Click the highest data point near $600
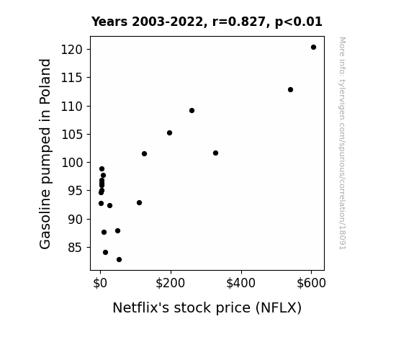point(313,48)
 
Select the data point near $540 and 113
point(290,90)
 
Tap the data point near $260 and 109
point(192,110)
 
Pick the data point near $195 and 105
point(169,133)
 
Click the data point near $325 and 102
point(215,153)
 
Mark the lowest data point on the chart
point(119,260)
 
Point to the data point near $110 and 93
point(139,203)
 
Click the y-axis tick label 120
point(72,50)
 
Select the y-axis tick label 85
point(76,248)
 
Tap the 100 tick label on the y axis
point(72,163)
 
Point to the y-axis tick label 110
point(72,107)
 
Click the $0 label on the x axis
point(100,284)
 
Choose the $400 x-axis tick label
point(240,284)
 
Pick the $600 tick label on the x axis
point(311,284)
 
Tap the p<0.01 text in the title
point(299,22)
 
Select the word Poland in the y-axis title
point(45,81)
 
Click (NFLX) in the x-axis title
point(279,308)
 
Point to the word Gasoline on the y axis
point(45,219)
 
